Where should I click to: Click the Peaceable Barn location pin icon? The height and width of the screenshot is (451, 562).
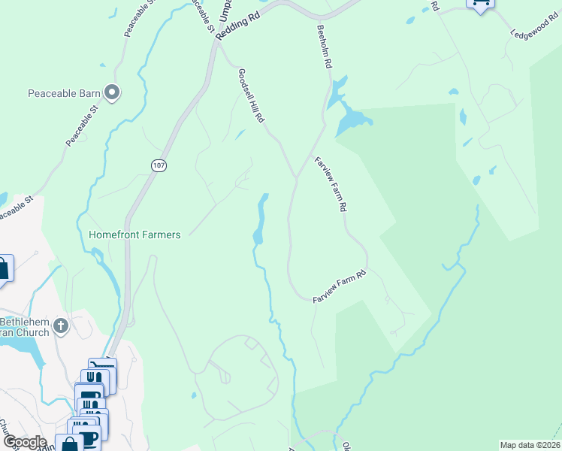pyautogui.click(x=113, y=93)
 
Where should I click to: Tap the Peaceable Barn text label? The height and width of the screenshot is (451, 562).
pyautogui.click(x=65, y=94)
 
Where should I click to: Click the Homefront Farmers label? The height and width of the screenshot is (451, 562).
pyautogui.click(x=134, y=235)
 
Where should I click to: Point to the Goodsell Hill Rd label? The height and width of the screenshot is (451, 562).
pyautogui.click(x=251, y=96)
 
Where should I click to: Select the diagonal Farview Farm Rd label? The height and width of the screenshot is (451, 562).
pyautogui.click(x=331, y=184)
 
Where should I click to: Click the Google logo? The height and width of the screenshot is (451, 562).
pyautogui.click(x=24, y=442)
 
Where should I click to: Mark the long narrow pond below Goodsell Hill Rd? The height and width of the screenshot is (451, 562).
pyautogui.click(x=261, y=218)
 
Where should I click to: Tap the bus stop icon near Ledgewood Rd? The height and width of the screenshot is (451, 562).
pyautogui.click(x=480, y=4)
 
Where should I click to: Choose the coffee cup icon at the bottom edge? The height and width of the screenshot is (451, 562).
pyautogui.click(x=89, y=439)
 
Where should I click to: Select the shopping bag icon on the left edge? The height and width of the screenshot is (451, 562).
pyautogui.click(x=3, y=269)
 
